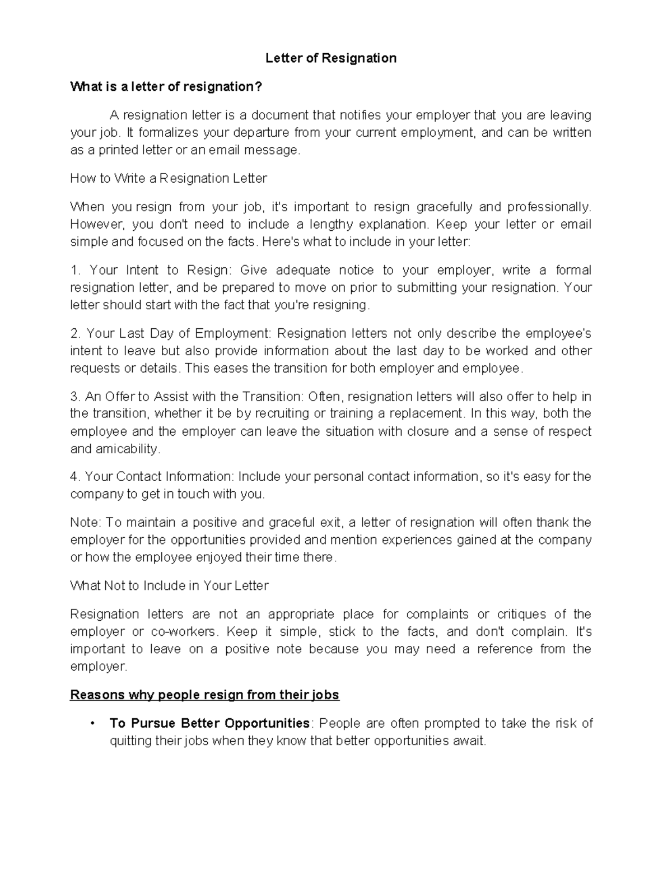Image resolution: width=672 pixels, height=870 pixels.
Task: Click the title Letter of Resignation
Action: pyautogui.click(x=330, y=58)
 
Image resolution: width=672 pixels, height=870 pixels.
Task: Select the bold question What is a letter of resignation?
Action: pyautogui.click(x=166, y=87)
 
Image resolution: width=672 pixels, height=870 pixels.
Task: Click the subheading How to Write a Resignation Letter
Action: pyautogui.click(x=168, y=179)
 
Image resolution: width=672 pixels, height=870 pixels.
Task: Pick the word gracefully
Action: pyautogui.click(x=445, y=207)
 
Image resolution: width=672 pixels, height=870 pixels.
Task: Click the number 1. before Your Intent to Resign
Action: pyautogui.click(x=76, y=271)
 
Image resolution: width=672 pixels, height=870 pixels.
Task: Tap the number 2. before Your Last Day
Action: pyautogui.click(x=76, y=334)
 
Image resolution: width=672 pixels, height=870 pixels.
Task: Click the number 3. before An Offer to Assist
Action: pyautogui.click(x=76, y=397)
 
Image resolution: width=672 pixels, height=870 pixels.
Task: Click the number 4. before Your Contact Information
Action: pyautogui.click(x=76, y=477)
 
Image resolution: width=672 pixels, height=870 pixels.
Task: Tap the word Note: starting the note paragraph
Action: pyautogui.click(x=85, y=523)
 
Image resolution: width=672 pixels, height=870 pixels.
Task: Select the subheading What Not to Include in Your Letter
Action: pyautogui.click(x=169, y=586)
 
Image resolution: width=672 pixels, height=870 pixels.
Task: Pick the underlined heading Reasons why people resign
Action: pyautogui.click(x=204, y=695)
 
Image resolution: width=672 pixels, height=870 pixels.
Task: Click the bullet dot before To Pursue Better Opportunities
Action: pyautogui.click(x=91, y=724)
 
